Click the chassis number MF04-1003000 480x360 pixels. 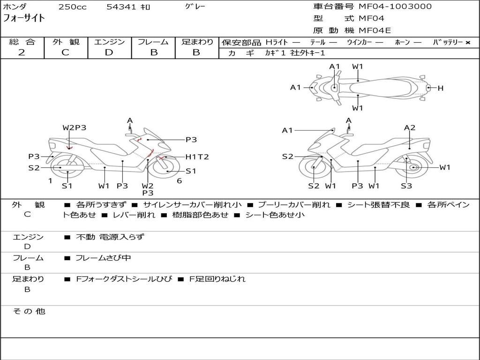[395, 7]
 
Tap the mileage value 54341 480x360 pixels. [120, 7]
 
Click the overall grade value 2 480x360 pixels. [22, 52]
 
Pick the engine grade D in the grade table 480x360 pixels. [109, 52]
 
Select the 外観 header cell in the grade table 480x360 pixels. [66, 42]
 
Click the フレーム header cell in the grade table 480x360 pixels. [153, 42]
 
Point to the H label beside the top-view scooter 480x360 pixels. [440, 88]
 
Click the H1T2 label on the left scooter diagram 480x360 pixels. [197, 157]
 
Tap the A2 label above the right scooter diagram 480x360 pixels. [410, 127]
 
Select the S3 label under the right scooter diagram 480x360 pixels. [406, 186]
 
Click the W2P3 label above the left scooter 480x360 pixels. [75, 127]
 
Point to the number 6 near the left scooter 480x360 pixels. [179, 181]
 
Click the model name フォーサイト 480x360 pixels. [24, 18]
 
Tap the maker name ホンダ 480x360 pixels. [15, 7]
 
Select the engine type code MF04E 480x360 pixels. [375, 31]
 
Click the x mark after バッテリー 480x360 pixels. [467, 42]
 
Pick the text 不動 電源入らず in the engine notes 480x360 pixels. [110, 237]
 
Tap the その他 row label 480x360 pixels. [29, 311]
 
